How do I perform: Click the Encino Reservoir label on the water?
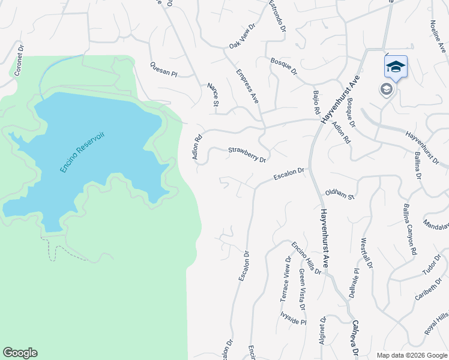82,152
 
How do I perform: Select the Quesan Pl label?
164,70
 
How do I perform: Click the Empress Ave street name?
247,87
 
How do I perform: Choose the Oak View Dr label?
243,37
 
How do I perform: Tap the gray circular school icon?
386,89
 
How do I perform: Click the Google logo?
20,353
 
